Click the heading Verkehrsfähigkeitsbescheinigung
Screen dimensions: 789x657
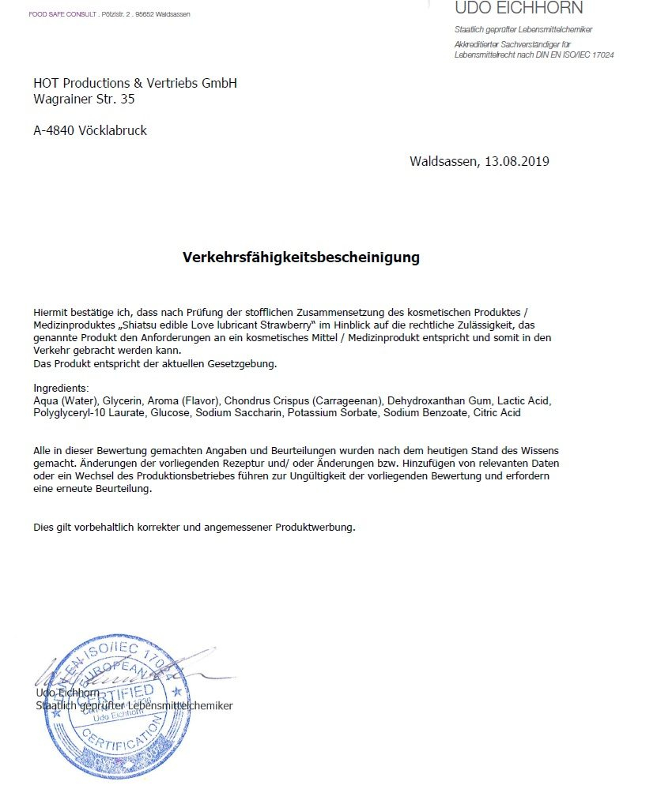(x=301, y=257)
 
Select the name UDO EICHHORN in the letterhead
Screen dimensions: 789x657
(x=519, y=9)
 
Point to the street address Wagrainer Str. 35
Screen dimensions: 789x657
(x=84, y=100)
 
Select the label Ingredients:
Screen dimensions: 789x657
(x=62, y=389)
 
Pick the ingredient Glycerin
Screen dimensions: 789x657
(x=123, y=400)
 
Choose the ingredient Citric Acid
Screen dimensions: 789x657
(x=497, y=412)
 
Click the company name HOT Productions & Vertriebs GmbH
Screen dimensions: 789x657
(x=135, y=83)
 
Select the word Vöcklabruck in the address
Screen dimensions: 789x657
(x=113, y=131)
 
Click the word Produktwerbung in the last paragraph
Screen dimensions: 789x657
(x=315, y=527)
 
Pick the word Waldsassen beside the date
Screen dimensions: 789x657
(x=443, y=161)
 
